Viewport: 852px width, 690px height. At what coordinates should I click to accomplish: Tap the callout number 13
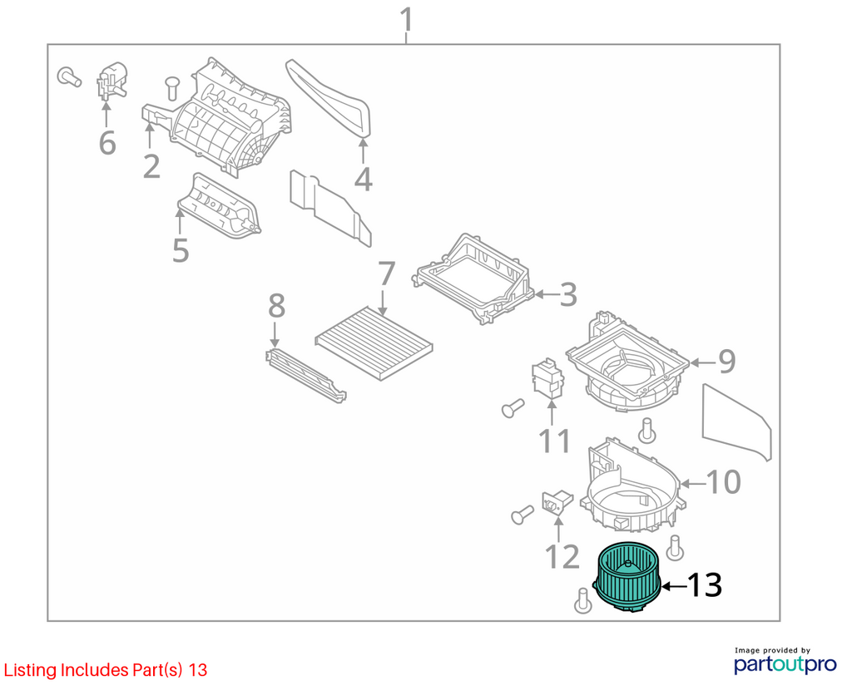[705, 584]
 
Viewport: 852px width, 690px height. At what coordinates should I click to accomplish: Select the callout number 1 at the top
[406, 20]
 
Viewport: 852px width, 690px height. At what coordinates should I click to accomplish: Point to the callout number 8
[276, 306]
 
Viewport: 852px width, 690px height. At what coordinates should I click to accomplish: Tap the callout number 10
[724, 481]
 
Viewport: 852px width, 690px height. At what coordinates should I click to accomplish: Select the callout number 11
[554, 441]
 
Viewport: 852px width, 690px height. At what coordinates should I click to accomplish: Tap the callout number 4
[363, 179]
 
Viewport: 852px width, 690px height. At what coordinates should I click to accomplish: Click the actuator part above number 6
[112, 81]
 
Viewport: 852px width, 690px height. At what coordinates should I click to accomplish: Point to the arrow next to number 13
[673, 586]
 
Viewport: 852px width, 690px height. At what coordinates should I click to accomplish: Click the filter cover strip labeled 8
[306, 376]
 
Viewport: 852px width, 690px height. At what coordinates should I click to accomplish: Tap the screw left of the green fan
[582, 603]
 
